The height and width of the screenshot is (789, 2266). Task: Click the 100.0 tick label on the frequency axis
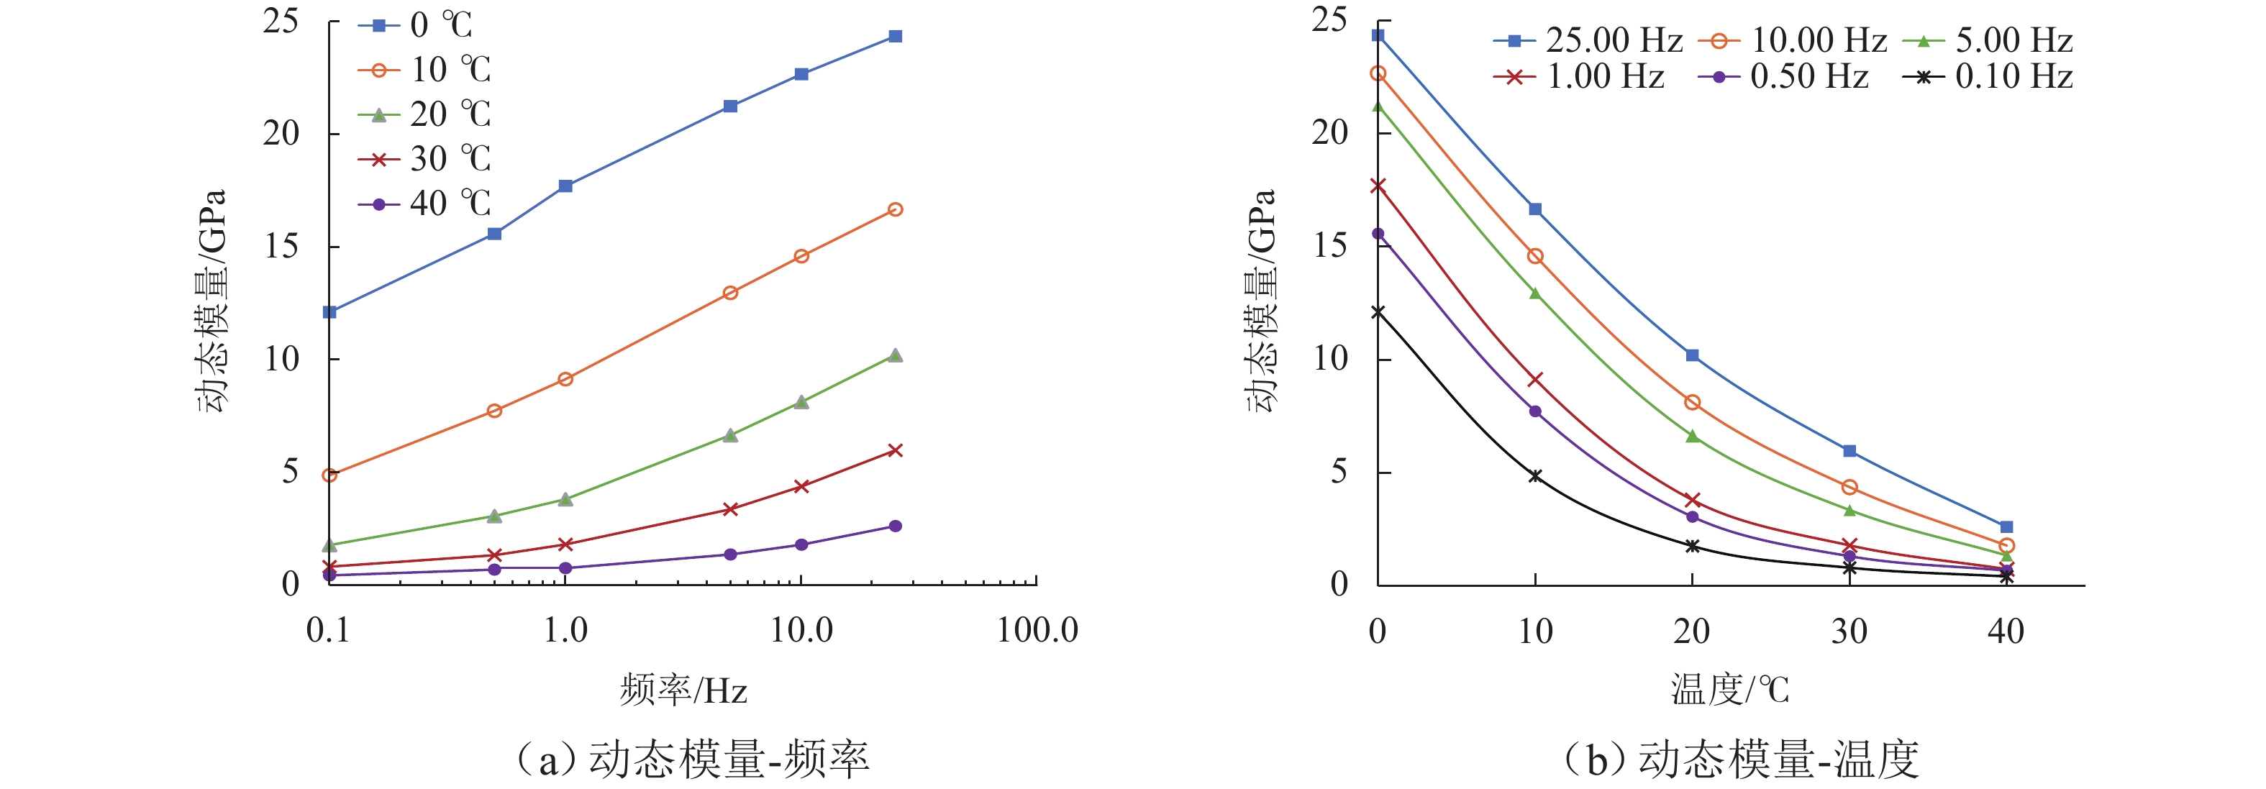(1037, 631)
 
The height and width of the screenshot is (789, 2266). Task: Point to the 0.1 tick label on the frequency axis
(328, 631)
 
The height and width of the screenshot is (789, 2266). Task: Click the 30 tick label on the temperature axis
(1849, 631)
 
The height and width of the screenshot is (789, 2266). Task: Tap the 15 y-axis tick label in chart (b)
(1330, 245)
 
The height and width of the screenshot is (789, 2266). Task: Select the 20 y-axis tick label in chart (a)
(281, 134)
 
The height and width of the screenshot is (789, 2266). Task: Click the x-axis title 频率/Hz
(683, 690)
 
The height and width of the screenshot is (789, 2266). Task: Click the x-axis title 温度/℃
(1729, 690)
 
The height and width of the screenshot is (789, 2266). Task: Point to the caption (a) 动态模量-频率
(693, 759)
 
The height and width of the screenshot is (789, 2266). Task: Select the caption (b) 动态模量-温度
(1740, 759)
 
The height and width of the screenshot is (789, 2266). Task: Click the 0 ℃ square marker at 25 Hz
(896, 36)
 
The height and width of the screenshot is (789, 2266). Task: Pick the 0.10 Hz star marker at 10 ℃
(1535, 476)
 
